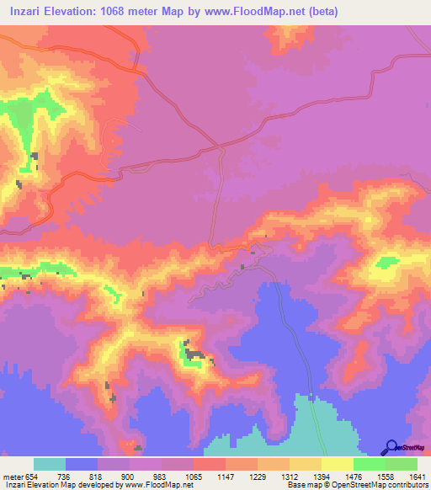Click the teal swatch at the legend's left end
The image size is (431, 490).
pos(50,464)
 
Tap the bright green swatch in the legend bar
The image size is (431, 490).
pos(369,464)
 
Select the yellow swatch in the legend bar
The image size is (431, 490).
pos(337,464)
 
